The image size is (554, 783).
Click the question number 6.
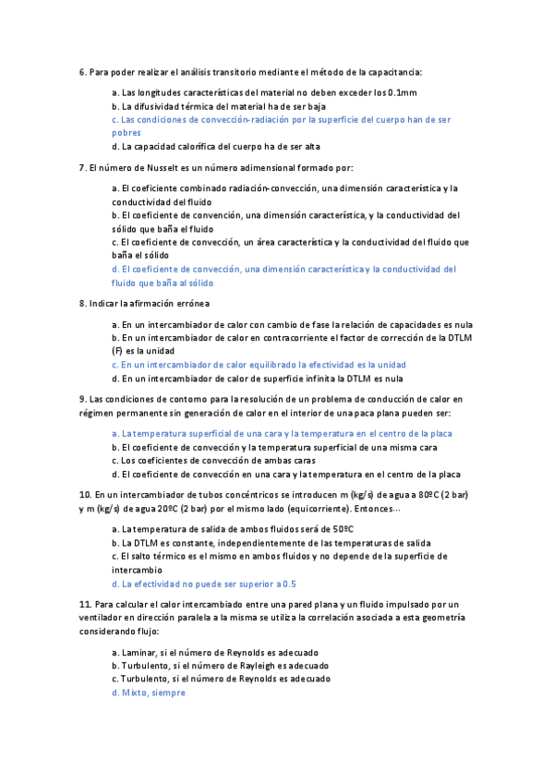(83, 72)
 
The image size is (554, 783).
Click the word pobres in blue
(126, 133)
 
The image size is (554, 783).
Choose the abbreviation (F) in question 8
(117, 351)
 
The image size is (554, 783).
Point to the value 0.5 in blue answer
(289, 584)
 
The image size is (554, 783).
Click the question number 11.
(86, 604)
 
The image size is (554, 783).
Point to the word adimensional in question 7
(249, 167)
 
